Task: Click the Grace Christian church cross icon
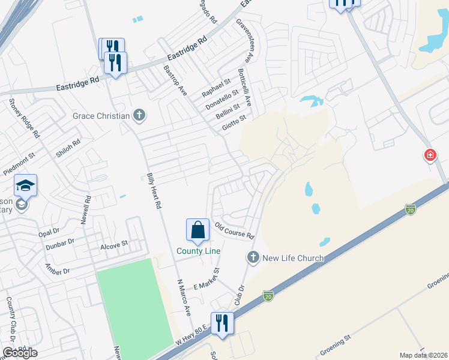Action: [x=139, y=115]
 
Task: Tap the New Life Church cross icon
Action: [x=253, y=258]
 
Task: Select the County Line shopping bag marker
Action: [x=197, y=230]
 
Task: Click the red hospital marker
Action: [x=430, y=155]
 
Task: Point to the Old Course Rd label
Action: [x=235, y=231]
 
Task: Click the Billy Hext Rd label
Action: [x=154, y=191]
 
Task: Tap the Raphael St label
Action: [x=216, y=88]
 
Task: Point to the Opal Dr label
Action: [x=49, y=230]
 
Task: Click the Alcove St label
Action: [x=115, y=244]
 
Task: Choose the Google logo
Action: [x=20, y=352]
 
